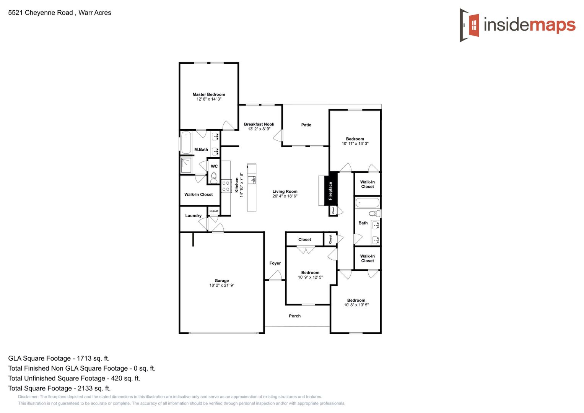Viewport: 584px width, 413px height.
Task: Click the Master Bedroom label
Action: pos(209,94)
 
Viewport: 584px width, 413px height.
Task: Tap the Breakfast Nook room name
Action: pos(259,124)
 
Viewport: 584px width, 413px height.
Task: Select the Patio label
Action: pos(306,125)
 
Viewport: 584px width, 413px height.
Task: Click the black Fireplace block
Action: pos(330,190)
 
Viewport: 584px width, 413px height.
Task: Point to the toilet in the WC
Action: pos(214,177)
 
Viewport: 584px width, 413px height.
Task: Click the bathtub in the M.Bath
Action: pos(186,143)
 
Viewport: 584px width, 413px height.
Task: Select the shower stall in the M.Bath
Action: pos(186,166)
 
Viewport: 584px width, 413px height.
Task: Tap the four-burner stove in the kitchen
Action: pos(226,187)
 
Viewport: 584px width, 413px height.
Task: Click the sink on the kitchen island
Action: pos(252,180)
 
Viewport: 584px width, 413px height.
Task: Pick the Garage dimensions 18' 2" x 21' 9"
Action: pos(222,285)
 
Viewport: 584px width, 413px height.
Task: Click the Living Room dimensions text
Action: pos(285,196)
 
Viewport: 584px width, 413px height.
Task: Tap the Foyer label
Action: pos(275,263)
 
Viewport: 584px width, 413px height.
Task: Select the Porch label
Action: pos(295,316)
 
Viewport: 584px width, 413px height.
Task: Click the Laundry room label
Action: pos(194,216)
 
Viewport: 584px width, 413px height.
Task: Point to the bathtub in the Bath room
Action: pos(368,203)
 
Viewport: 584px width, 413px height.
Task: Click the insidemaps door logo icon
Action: pos(469,25)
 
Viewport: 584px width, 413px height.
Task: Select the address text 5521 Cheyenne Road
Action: pos(41,13)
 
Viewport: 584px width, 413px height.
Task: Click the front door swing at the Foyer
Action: pos(276,275)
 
